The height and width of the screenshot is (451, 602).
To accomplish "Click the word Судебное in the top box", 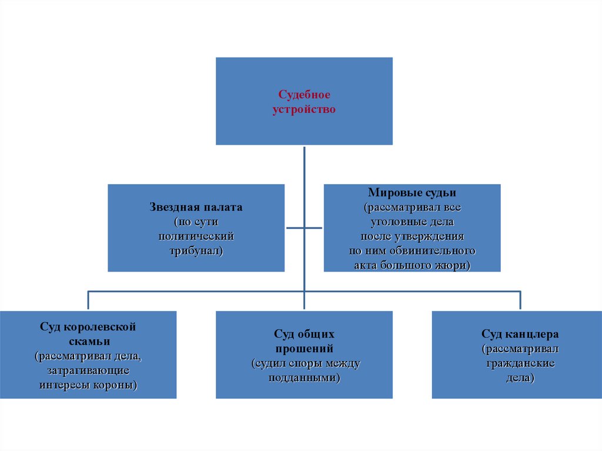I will click(x=304, y=95).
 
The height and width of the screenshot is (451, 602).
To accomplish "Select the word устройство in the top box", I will click(x=304, y=109).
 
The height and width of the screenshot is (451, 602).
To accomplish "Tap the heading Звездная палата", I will click(x=196, y=208).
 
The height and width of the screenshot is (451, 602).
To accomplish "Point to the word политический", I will click(x=196, y=236).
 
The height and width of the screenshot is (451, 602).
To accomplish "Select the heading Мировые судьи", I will click(x=412, y=192).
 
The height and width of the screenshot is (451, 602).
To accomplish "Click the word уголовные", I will click(x=397, y=222).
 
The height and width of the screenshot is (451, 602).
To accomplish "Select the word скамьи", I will click(x=88, y=341).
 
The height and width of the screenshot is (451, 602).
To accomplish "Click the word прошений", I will click(x=304, y=349).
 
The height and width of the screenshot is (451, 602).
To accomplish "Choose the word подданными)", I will click(x=304, y=378).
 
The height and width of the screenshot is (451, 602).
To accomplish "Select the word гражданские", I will click(x=520, y=363).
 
